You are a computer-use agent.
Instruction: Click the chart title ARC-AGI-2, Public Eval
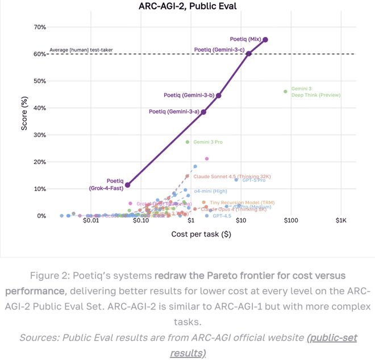pos(187,7)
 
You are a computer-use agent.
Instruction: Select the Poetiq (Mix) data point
pos(265,39)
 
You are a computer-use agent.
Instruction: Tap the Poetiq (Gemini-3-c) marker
pos(249,53)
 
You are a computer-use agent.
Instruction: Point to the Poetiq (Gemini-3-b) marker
pos(219,96)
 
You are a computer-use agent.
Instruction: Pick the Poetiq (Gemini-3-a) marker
pos(203,112)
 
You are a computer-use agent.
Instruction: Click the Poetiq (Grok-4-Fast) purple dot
pos(128,185)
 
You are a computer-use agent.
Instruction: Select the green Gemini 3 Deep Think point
pos(286,91)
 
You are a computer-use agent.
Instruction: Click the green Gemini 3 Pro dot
pos(188,142)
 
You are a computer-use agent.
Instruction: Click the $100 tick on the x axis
pos(290,221)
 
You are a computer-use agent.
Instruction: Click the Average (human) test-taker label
pos(81,50)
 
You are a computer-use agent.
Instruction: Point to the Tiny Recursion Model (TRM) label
pos(235,202)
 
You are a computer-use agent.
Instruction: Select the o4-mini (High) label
pos(211,192)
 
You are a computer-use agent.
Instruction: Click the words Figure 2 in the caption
pos(56,276)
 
